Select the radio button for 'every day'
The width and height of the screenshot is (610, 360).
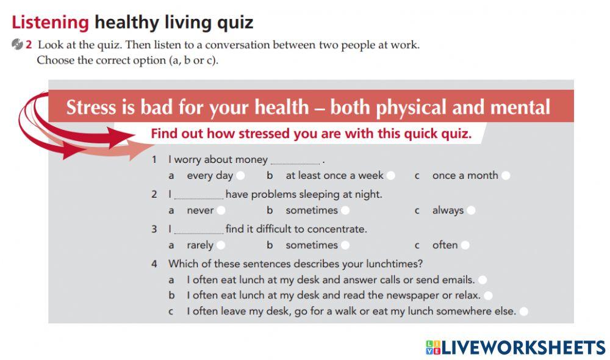point(241,176)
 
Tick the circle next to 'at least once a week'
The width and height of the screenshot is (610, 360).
point(391,176)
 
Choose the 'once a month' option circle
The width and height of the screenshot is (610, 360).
point(506,176)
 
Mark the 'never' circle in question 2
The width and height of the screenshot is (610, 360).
point(221,211)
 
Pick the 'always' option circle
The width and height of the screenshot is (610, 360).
point(471,211)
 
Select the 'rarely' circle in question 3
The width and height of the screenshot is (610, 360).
point(221,245)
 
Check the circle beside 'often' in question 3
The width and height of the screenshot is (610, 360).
point(465,245)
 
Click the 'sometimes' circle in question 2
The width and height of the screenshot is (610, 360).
point(345,211)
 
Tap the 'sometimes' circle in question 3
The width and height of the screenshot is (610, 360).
point(345,245)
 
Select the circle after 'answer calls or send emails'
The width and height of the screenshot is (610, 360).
point(483,280)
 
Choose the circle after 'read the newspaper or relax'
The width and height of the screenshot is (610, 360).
point(488,296)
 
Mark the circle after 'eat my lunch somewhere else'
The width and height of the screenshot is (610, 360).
point(523,312)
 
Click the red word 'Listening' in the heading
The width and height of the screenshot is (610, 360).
point(51,23)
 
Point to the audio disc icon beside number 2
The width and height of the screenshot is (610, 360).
point(16,45)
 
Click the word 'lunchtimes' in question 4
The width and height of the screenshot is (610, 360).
point(397,264)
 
